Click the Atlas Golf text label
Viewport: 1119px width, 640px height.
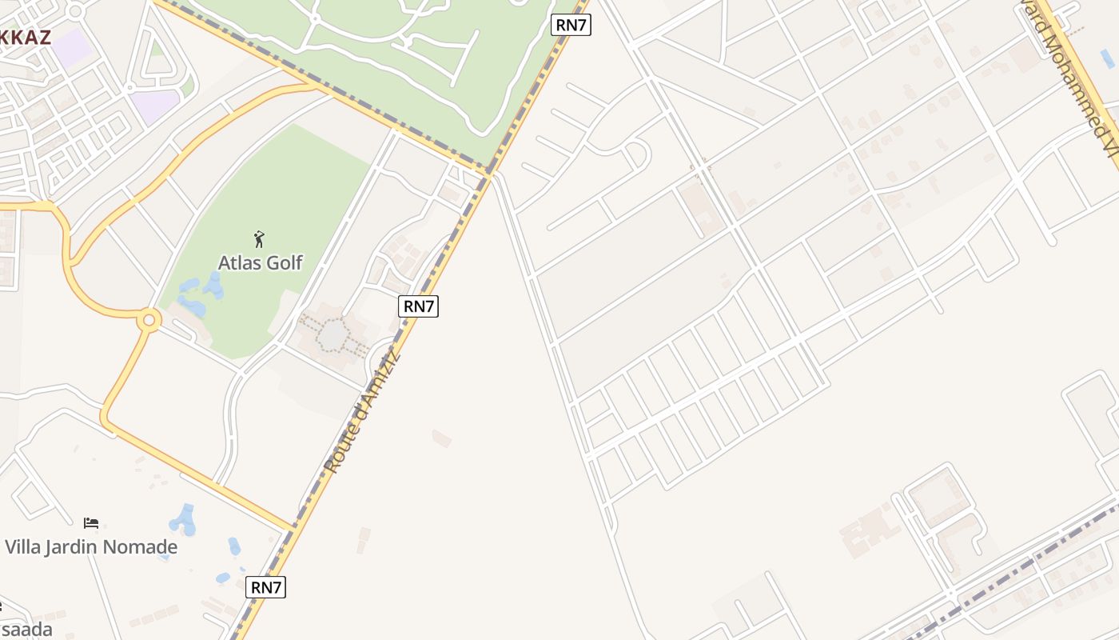click(261, 262)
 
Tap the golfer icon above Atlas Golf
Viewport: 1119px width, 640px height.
click(258, 238)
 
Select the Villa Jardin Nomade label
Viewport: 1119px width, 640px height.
click(91, 547)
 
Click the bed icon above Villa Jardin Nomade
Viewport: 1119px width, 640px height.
click(91, 523)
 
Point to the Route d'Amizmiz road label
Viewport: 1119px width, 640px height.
click(362, 413)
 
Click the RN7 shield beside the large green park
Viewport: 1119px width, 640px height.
click(571, 25)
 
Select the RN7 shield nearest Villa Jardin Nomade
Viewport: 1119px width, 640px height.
click(265, 587)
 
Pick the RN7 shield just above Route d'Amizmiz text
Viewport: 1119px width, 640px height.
click(419, 306)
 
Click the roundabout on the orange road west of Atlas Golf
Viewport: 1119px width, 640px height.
click(148, 320)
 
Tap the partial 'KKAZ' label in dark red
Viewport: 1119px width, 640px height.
click(26, 37)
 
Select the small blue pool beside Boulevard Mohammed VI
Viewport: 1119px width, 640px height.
click(1107, 58)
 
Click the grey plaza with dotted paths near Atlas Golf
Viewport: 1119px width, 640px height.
click(332, 336)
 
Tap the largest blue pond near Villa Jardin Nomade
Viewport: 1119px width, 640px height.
click(184, 520)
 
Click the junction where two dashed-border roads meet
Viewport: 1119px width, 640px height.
click(489, 171)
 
